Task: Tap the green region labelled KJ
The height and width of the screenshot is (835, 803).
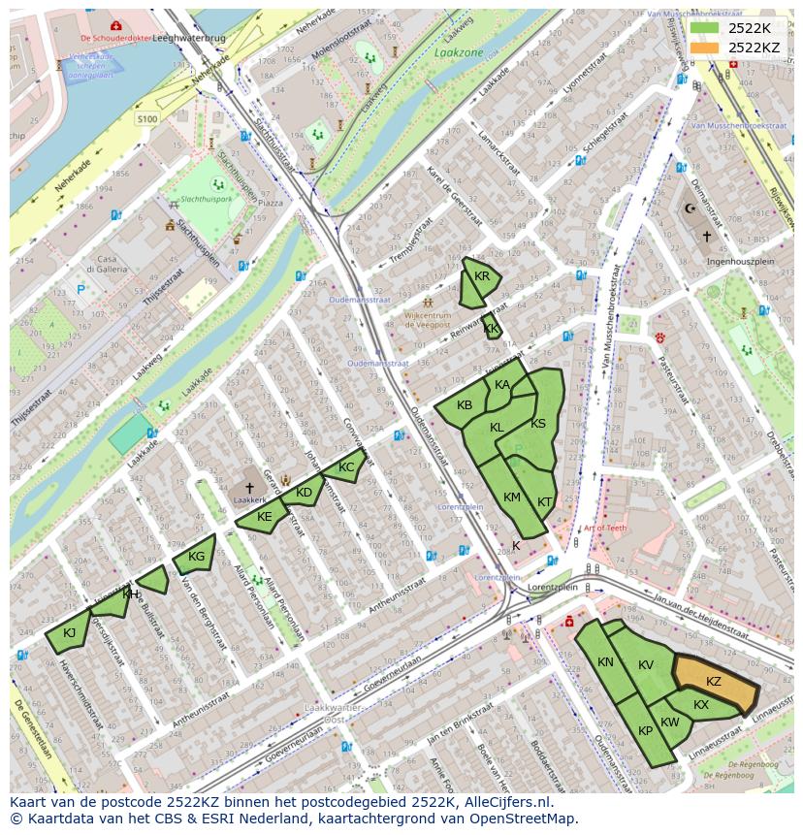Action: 68,633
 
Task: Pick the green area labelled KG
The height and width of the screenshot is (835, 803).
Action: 195,556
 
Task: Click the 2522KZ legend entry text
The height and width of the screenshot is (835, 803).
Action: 754,47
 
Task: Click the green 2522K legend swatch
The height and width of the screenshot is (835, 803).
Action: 705,28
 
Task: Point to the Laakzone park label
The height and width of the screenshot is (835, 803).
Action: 459,53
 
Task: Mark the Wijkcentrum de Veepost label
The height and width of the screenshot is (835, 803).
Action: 428,320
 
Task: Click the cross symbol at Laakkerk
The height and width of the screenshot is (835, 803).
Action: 249,488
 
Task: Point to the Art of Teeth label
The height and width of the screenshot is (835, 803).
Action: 605,528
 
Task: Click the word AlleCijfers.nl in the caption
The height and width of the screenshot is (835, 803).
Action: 503,802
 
